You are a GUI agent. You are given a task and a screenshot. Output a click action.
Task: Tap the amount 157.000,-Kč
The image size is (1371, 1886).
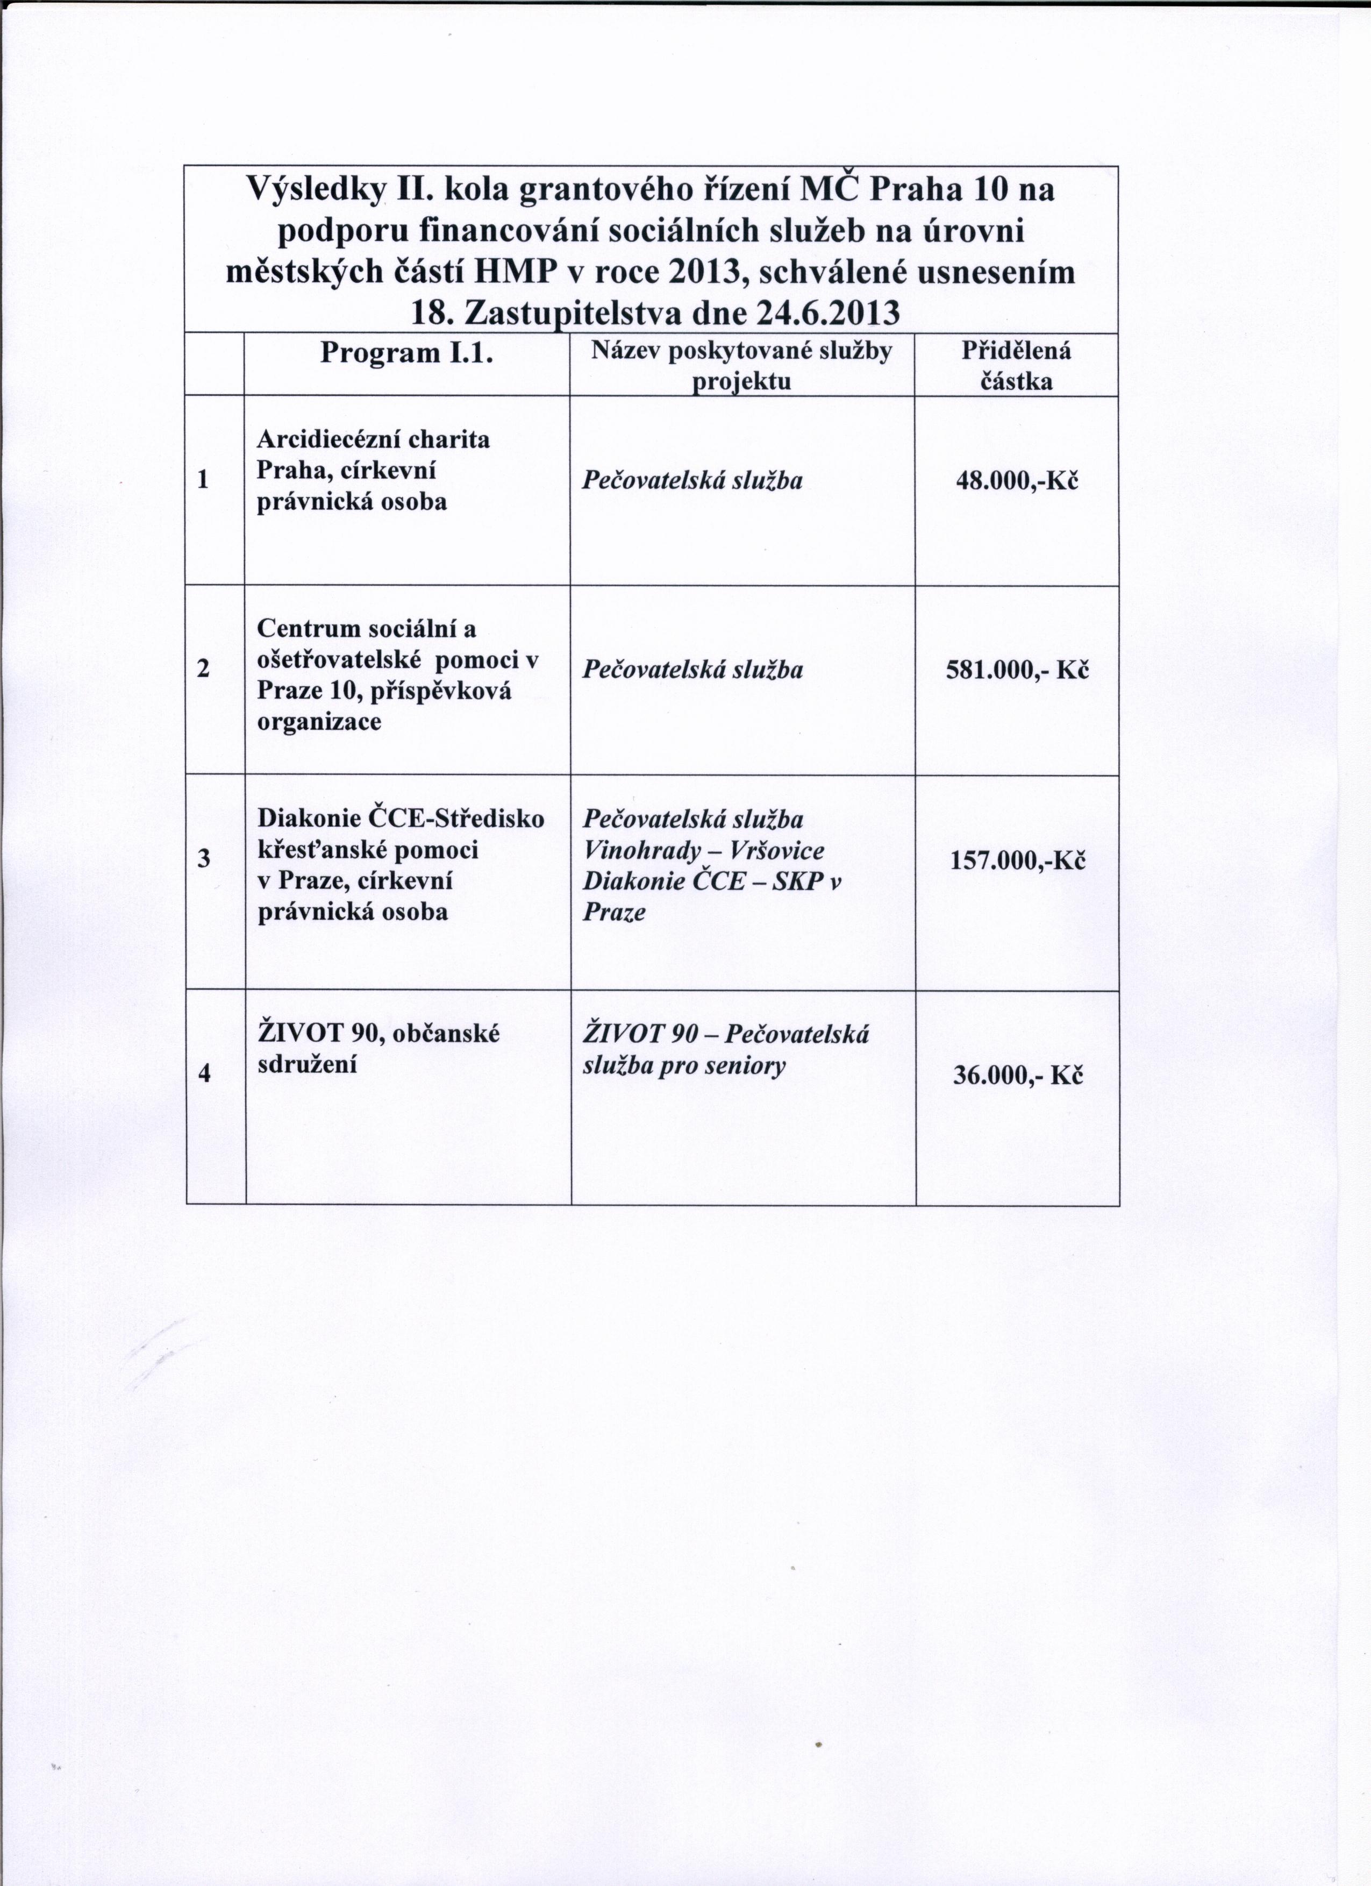(x=1018, y=860)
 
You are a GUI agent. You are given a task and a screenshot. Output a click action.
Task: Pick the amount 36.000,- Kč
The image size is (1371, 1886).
(x=1018, y=1077)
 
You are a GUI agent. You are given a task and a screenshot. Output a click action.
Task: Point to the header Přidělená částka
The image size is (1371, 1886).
(x=1016, y=366)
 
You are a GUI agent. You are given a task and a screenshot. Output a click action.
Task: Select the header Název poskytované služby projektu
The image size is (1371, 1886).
(x=741, y=366)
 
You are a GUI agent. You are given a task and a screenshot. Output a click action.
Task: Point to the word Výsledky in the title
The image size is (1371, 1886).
(x=318, y=191)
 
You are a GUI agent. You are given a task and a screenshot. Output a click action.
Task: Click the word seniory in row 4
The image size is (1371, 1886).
(x=745, y=1066)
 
